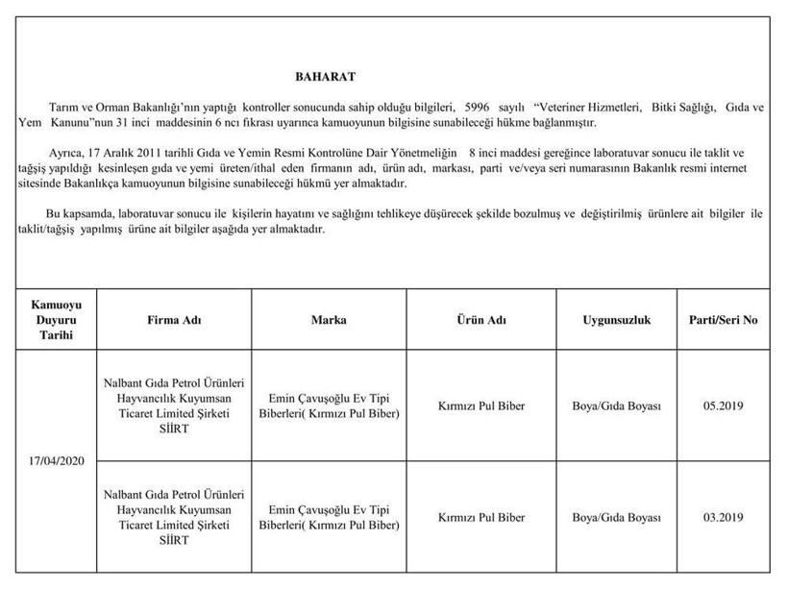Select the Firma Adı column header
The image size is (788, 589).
(x=174, y=320)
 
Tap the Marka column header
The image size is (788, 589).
(x=329, y=320)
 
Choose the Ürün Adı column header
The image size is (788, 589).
(x=480, y=320)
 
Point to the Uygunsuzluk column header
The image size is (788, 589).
(x=616, y=320)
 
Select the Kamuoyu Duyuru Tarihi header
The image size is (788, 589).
(x=58, y=320)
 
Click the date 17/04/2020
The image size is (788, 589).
(x=58, y=462)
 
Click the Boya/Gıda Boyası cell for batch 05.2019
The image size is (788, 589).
(x=616, y=406)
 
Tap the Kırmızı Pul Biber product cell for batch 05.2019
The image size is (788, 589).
(x=480, y=406)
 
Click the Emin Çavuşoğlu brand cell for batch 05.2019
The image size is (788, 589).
(x=329, y=406)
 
